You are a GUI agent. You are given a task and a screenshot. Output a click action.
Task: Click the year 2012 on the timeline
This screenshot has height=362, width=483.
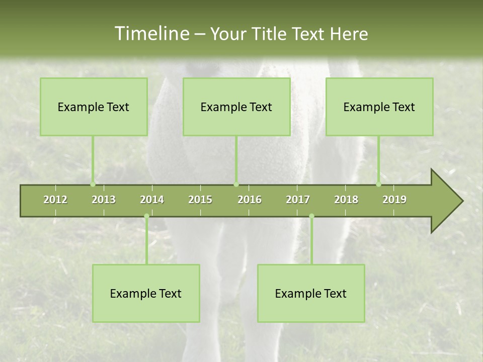click(55, 200)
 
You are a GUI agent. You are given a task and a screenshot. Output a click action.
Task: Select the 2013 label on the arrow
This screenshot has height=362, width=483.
click(104, 200)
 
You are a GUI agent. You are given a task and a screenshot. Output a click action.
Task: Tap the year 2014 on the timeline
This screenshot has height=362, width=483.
click(152, 200)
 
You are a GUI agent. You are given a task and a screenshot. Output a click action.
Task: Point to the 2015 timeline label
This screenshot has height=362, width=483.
click(200, 200)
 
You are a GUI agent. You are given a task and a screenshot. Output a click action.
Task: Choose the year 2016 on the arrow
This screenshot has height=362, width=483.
click(250, 200)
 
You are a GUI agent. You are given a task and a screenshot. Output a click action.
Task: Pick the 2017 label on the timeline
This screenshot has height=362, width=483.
click(298, 200)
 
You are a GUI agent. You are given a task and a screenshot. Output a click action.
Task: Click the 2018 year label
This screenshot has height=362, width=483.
click(346, 200)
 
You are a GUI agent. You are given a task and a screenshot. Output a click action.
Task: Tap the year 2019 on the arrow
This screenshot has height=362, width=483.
click(394, 200)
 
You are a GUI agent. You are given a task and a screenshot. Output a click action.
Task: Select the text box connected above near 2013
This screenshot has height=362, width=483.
click(94, 107)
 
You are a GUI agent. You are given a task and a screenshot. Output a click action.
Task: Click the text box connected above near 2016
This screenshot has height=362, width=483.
click(236, 107)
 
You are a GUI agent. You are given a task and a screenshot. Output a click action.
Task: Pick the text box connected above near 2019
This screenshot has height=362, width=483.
click(379, 107)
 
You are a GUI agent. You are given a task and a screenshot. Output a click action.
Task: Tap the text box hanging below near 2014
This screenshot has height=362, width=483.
click(146, 293)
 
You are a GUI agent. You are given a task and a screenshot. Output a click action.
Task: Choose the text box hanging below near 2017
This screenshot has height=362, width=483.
click(311, 293)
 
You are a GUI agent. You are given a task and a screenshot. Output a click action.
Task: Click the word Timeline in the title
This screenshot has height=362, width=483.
click(151, 34)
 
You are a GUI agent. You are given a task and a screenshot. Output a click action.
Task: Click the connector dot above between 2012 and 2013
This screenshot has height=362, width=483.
click(93, 184)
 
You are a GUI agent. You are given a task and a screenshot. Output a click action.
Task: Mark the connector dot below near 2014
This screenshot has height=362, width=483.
click(146, 216)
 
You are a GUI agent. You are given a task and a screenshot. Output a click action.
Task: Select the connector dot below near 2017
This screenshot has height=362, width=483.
click(311, 216)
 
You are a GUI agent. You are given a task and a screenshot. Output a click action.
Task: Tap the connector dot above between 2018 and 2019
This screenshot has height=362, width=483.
click(379, 184)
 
